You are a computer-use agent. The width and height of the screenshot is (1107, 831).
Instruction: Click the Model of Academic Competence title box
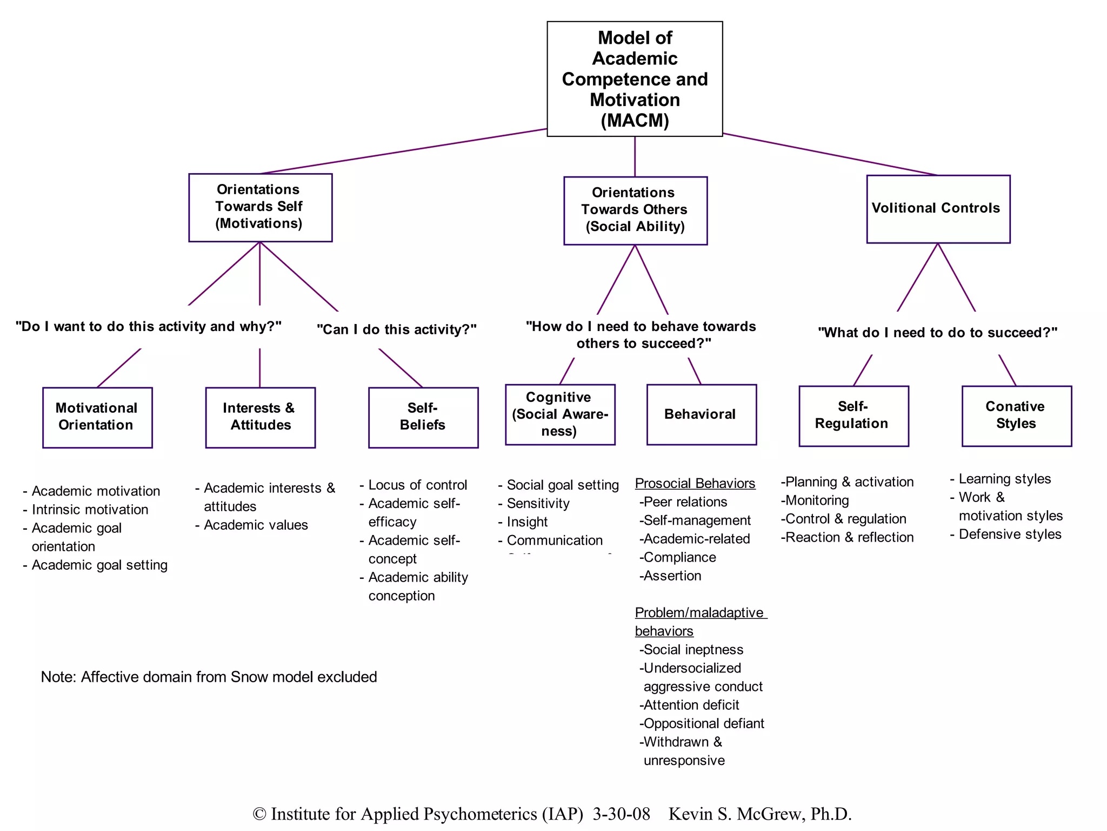coord(635,79)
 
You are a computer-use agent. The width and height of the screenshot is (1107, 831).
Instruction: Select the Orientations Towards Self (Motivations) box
coord(260,207)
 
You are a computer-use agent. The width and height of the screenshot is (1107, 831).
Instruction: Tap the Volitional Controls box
coord(938,209)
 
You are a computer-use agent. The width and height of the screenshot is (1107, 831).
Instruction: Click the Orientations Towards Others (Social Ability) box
coord(635,210)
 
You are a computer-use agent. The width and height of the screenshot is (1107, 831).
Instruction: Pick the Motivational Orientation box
coord(97,417)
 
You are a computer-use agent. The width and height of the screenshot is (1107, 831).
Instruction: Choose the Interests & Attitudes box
coord(260,417)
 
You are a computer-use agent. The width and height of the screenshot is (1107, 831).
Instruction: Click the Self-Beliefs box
coord(423,417)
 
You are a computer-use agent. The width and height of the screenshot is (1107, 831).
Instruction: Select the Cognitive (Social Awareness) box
coord(560,414)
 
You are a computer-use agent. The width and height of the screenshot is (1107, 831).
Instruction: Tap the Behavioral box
coord(701,414)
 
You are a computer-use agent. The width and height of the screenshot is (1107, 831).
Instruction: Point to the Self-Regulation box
coord(853,415)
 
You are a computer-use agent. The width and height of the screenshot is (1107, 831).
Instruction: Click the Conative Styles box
coord(1016,415)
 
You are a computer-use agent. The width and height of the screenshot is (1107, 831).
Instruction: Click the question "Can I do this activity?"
coord(397,329)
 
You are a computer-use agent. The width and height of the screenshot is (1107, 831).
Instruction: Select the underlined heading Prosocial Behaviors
coord(695,483)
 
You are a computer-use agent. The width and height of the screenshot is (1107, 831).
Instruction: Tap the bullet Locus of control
coord(417,485)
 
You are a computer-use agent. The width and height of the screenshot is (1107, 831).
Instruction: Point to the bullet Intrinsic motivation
coord(90,510)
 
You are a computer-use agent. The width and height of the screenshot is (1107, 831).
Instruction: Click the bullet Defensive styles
coord(1009,535)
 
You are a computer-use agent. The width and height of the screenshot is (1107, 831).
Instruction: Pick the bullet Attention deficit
coord(691,705)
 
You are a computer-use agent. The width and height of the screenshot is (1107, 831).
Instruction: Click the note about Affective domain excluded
coord(209,677)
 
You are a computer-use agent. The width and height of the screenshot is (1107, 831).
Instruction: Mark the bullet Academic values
coord(255,525)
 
